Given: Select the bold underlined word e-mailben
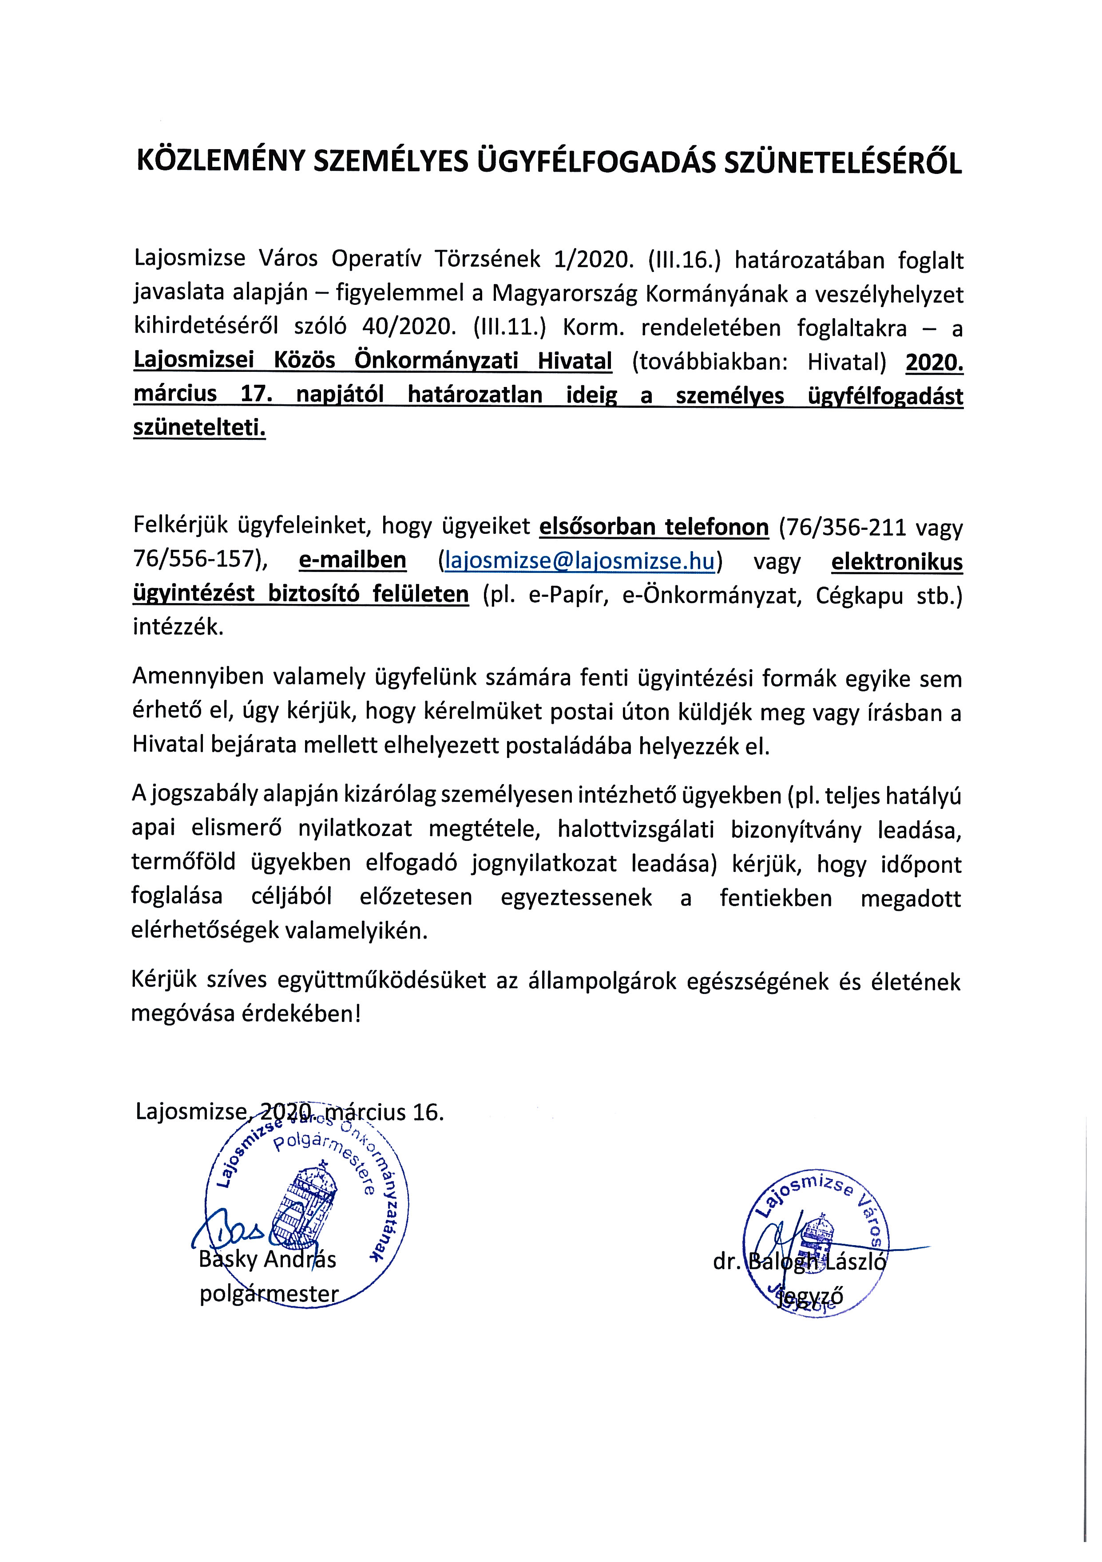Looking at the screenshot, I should coord(352,560).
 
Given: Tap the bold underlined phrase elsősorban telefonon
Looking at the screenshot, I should coord(654,527).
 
